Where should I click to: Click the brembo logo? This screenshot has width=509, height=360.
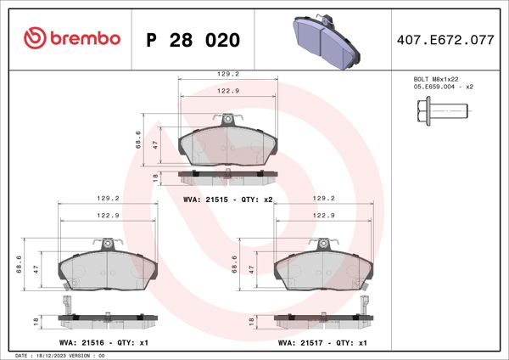[x=72, y=39]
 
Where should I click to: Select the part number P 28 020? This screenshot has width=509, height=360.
[x=194, y=40]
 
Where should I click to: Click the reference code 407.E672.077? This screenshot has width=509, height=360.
[x=445, y=40]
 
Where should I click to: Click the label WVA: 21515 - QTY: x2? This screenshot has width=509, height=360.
[x=227, y=199]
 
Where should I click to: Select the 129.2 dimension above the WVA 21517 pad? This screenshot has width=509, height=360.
[x=323, y=199]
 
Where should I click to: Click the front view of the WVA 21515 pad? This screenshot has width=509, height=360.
[x=227, y=146]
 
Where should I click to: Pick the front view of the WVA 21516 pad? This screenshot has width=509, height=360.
[x=107, y=271]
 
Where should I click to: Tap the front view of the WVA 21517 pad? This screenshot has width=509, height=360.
[x=323, y=271]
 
